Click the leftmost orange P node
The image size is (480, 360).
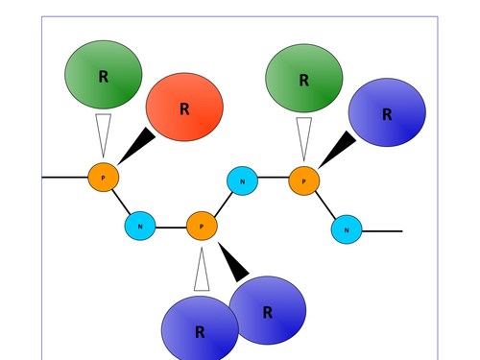click(x=103, y=178)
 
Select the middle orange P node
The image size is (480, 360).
click(x=202, y=227)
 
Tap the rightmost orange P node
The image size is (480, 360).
click(x=303, y=180)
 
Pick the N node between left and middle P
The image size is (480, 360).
click(x=140, y=227)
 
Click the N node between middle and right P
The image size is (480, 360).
click(x=242, y=180)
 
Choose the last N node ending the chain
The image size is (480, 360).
click(x=347, y=229)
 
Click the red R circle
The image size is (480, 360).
click(x=184, y=108)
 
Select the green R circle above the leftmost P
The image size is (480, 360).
click(x=103, y=74)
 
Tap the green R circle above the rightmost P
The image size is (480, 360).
click(x=303, y=79)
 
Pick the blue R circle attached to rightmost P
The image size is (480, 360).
click(x=386, y=112)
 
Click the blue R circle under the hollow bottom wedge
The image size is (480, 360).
click(x=199, y=329)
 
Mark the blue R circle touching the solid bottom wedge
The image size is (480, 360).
click(x=268, y=309)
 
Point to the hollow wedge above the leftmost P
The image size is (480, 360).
click(x=104, y=132)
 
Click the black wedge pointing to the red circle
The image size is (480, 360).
click(x=136, y=145)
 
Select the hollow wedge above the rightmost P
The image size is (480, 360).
click(x=303, y=136)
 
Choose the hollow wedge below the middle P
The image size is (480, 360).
click(x=202, y=271)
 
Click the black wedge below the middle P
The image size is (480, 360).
click(x=235, y=262)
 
